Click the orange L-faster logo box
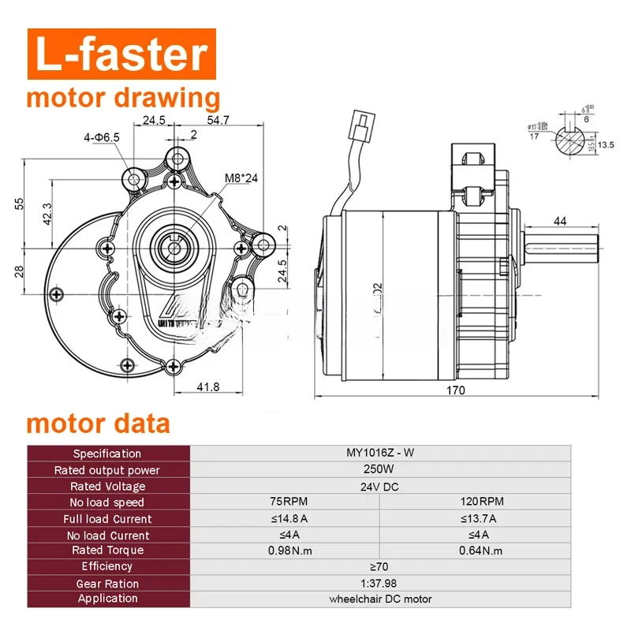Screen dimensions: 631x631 118,54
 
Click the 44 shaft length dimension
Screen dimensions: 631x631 560,222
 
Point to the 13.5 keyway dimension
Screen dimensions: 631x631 605,145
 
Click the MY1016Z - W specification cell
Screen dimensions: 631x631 380,454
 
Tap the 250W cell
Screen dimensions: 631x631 380,470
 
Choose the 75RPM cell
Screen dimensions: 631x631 285,502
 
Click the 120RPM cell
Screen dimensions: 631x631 476,502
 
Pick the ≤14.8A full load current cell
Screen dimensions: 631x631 285,518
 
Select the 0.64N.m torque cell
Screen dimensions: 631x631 476,551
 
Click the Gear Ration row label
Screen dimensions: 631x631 108,584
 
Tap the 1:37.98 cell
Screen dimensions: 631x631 380,584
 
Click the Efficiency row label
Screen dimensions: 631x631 108,566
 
